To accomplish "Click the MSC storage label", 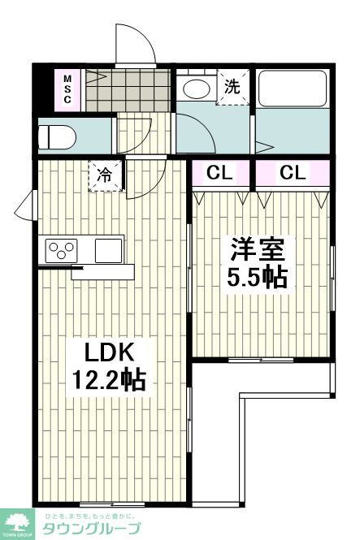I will [67, 89].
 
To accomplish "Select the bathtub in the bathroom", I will [293, 90].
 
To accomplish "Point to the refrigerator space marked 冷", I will [106, 175].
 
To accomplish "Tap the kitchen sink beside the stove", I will [107, 250].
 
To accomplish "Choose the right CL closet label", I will [293, 173].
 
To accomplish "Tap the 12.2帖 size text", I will [109, 380].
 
